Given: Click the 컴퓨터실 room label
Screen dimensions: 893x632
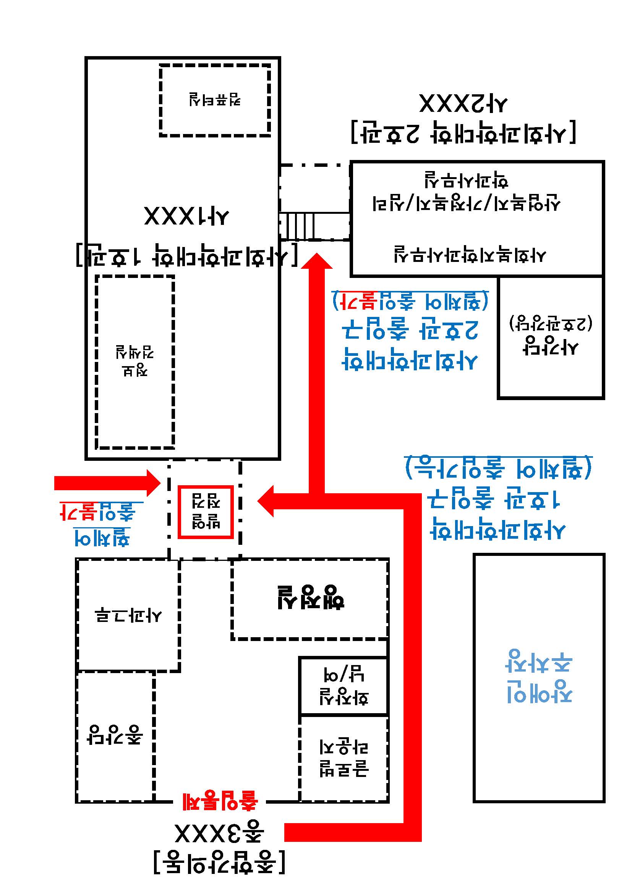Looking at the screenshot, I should pos(215,100).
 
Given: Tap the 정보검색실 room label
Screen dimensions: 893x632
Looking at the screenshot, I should pos(135,360).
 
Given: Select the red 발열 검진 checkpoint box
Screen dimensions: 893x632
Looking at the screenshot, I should pos(206,512).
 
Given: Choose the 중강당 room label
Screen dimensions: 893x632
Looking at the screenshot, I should pos(115,735).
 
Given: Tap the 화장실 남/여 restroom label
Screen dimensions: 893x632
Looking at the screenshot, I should pos(344,686).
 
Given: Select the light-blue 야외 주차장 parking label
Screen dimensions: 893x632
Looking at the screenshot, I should pos(539,676).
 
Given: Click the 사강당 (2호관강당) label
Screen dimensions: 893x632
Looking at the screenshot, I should pos(550,334).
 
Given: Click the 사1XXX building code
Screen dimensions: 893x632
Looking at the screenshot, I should pos(186,216).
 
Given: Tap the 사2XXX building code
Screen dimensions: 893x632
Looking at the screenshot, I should pos(463,104).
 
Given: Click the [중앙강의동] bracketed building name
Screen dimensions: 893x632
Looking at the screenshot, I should pos(219,862).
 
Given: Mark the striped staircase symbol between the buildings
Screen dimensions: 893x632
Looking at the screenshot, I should pos(297,225).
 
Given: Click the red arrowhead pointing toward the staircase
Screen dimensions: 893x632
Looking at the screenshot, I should pos(317,262).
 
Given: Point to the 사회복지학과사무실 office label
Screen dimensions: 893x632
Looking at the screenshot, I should pos(470,254).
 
